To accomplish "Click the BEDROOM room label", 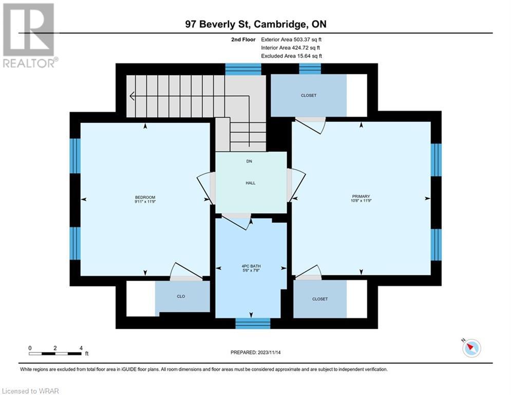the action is click(x=145, y=197).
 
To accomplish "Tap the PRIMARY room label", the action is click(x=361, y=196).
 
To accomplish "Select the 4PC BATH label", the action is click(x=251, y=266).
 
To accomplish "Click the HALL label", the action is click(x=250, y=183).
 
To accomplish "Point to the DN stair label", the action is click(x=249, y=161).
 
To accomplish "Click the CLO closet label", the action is click(x=181, y=296).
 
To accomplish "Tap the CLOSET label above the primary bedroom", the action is click(x=309, y=95).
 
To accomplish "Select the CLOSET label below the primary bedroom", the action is click(x=320, y=299).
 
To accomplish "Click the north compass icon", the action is click(x=471, y=348).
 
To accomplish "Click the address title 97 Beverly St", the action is click(x=217, y=24).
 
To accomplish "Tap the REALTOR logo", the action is click(x=29, y=35).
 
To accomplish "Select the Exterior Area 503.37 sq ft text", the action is click(x=291, y=40).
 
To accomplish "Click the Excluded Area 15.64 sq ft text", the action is click(x=291, y=56).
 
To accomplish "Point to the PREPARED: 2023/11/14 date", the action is click(x=256, y=352).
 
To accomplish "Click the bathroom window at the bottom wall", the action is click(x=253, y=323).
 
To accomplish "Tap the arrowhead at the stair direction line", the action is click(x=131, y=96).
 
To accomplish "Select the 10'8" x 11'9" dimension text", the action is click(x=361, y=201).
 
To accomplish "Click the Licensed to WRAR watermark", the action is click(x=30, y=391).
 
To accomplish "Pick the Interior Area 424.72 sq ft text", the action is click(x=290, y=48).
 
